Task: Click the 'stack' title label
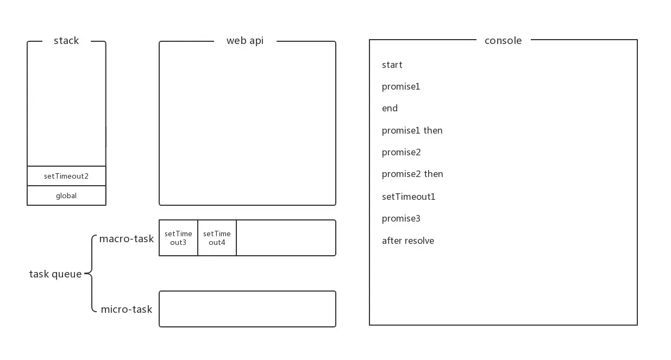(x=66, y=41)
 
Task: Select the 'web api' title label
(x=244, y=41)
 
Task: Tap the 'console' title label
(x=503, y=41)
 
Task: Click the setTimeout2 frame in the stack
(x=66, y=176)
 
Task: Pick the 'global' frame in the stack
(x=66, y=195)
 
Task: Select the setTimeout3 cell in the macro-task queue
(x=178, y=238)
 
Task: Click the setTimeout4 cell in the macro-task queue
(x=217, y=238)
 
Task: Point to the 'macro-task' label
(x=127, y=239)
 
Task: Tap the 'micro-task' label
(x=127, y=310)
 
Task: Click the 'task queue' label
(x=55, y=274)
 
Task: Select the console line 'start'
(x=392, y=65)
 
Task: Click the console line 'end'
(x=390, y=109)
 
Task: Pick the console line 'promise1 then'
(x=412, y=131)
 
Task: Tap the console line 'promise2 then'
(x=412, y=174)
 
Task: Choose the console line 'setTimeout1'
(x=409, y=197)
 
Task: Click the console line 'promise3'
(x=401, y=219)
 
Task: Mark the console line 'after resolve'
(x=408, y=241)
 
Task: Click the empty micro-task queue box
(x=247, y=309)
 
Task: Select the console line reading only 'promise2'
(x=401, y=153)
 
